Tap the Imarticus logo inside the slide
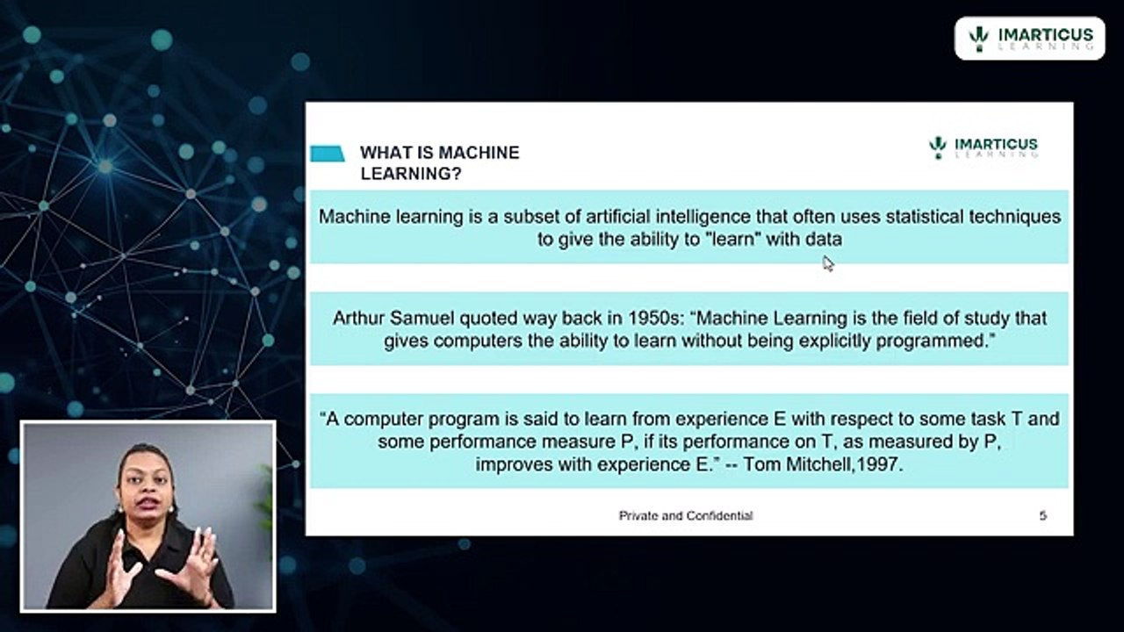[983, 147]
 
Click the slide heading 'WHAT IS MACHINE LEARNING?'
[439, 162]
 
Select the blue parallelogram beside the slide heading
[328, 154]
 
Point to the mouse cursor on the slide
[827, 262]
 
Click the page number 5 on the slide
[1042, 515]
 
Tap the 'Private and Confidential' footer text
[686, 515]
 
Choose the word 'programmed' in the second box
[933, 341]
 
